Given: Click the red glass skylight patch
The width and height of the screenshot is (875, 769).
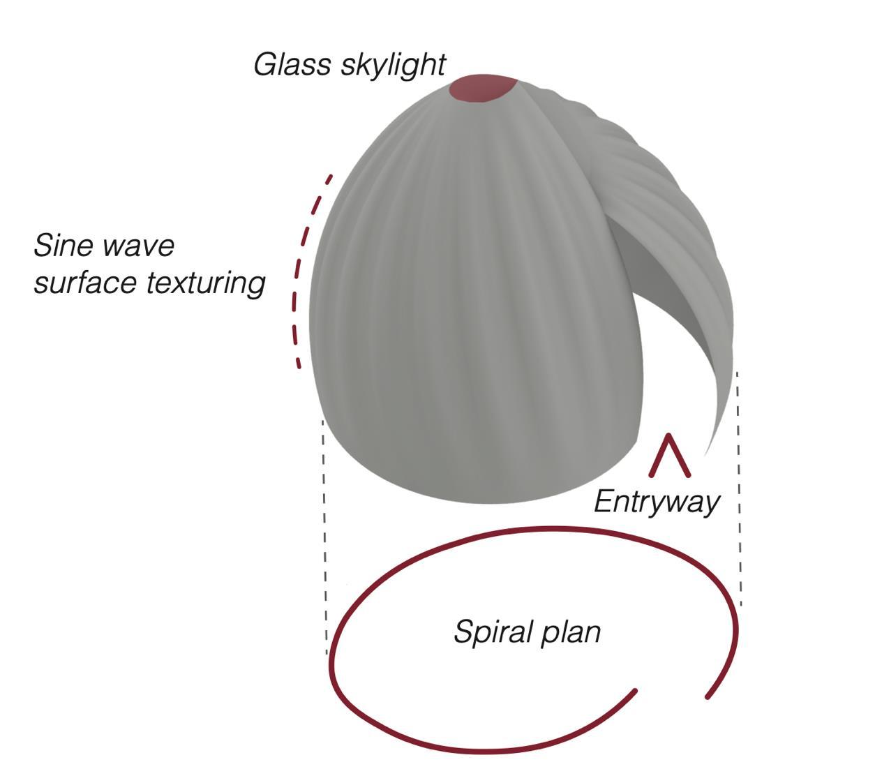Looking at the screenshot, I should coord(482,88).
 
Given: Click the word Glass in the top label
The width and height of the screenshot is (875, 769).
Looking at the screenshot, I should coord(292,65).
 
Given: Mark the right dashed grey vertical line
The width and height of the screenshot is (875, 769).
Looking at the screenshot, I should coord(738,488).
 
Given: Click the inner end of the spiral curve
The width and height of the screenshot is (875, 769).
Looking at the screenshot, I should coord(634,692).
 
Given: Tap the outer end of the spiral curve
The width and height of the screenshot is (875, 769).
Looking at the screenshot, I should coord(708,696).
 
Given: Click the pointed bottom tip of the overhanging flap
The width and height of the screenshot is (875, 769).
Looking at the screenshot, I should coord(706,454).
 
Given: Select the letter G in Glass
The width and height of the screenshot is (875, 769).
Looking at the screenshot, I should coord(264,65).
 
